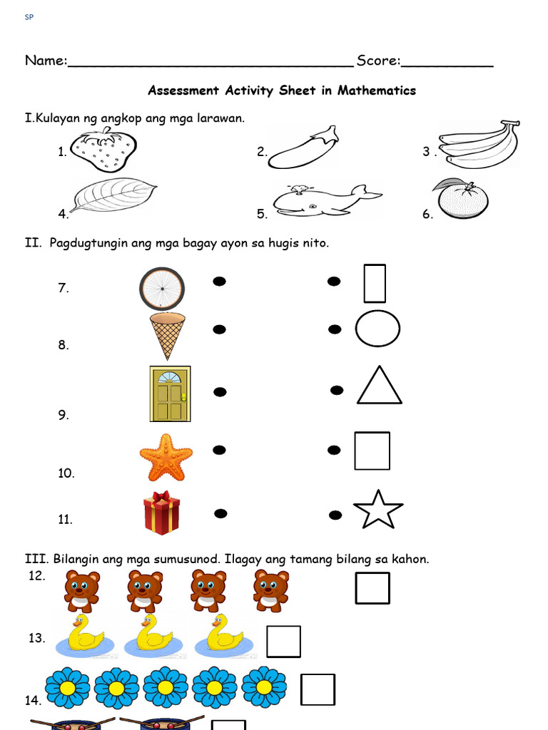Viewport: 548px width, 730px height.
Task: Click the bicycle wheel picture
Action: click(162, 289)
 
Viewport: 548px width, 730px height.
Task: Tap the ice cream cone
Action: click(167, 335)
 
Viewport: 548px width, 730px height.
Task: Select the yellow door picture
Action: click(169, 394)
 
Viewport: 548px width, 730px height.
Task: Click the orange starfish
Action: click(166, 457)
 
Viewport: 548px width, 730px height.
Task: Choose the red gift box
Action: click(161, 513)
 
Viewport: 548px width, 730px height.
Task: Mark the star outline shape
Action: click(378, 510)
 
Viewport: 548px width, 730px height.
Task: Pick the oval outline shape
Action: click(377, 329)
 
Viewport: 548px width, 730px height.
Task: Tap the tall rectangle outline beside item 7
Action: click(375, 283)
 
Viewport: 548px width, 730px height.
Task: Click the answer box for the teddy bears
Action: click(372, 588)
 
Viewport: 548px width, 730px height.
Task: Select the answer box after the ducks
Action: click(283, 641)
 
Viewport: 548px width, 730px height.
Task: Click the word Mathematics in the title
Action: click(377, 91)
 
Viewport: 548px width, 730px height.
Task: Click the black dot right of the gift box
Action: click(220, 513)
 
